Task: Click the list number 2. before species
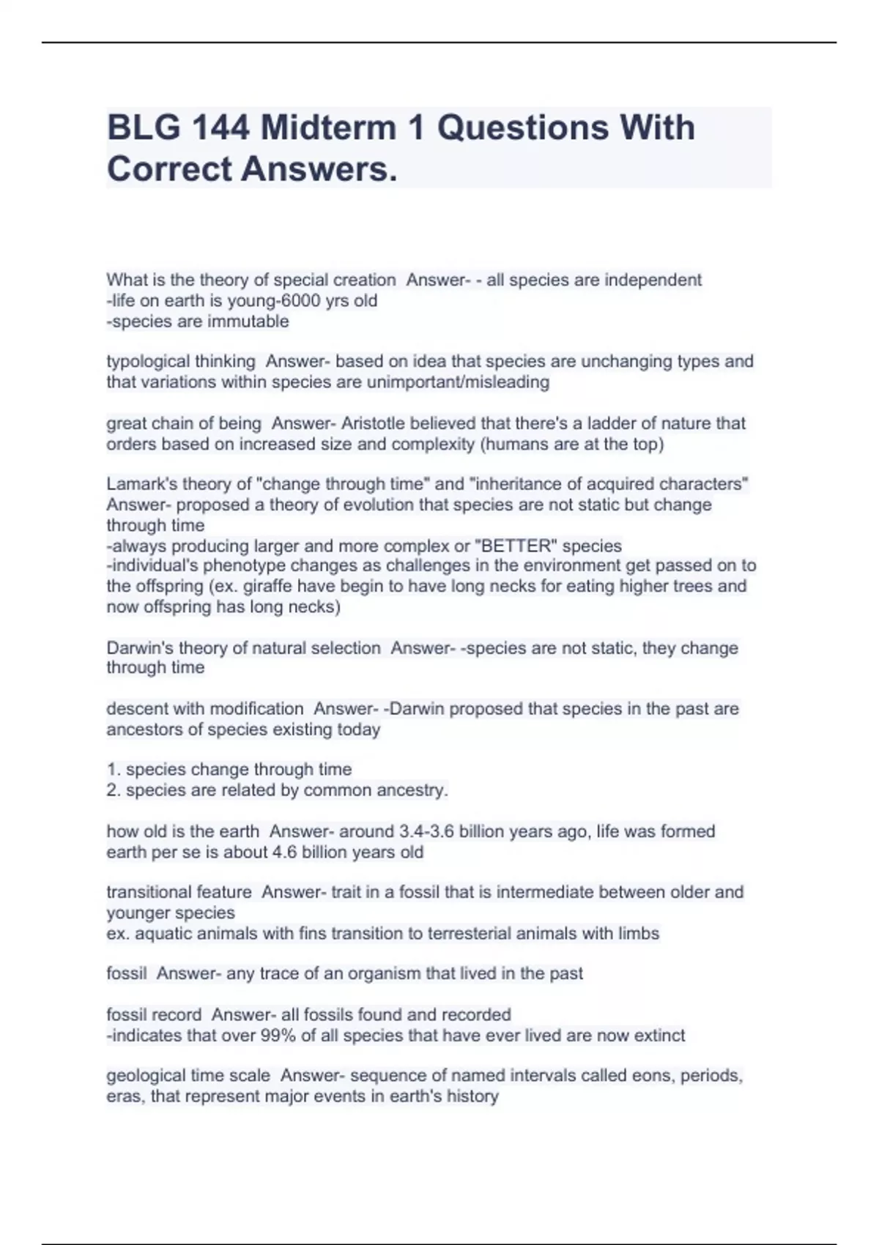[x=113, y=791]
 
